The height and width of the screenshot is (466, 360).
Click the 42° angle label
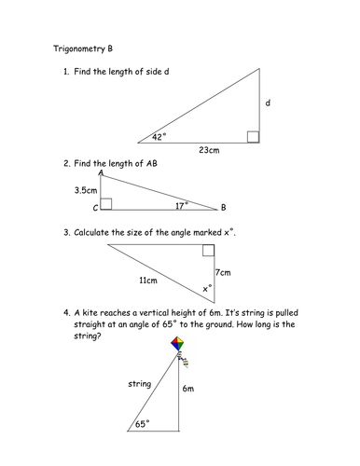[x=159, y=137]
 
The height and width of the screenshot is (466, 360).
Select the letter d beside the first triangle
[x=268, y=103]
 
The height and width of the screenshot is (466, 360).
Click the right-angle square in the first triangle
[x=253, y=138]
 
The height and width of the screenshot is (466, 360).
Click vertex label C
[x=95, y=208]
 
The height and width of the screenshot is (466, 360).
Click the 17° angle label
[x=181, y=203]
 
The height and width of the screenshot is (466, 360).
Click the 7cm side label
[x=222, y=272]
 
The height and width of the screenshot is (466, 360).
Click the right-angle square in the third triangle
[x=208, y=250]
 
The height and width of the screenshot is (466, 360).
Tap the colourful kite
[x=179, y=346]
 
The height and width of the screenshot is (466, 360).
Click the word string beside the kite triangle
[x=141, y=382]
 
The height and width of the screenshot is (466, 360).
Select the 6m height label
[x=189, y=388]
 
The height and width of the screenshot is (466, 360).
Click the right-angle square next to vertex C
[x=106, y=203]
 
